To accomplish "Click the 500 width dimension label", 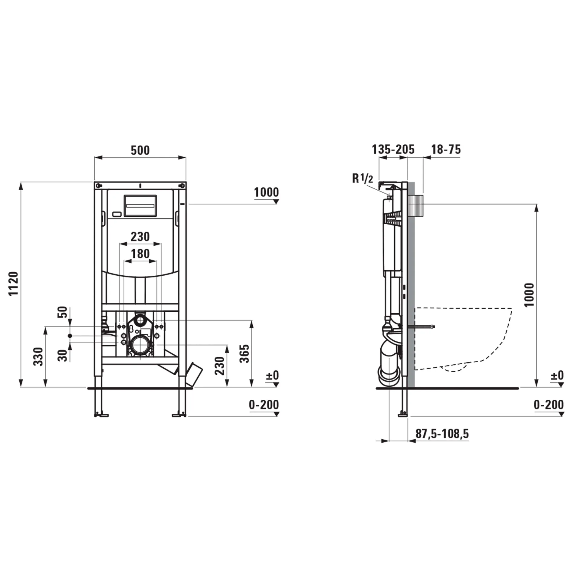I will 140,150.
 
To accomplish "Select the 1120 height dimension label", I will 14,284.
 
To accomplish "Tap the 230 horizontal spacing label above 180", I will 140,236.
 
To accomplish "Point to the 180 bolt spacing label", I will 140,254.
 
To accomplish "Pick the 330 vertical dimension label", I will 38,356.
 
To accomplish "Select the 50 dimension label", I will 63,312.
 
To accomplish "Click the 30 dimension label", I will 63,355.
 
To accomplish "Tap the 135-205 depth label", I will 393,149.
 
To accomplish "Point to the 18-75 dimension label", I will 446,149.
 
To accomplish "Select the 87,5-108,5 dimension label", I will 442,434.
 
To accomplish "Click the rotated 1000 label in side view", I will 529,295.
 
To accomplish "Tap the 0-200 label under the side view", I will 548,405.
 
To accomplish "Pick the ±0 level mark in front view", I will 272,376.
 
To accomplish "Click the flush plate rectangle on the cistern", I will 140,205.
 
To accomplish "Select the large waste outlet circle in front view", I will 140,345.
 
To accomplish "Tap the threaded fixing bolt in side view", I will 423,327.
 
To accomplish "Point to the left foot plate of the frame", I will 101,415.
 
